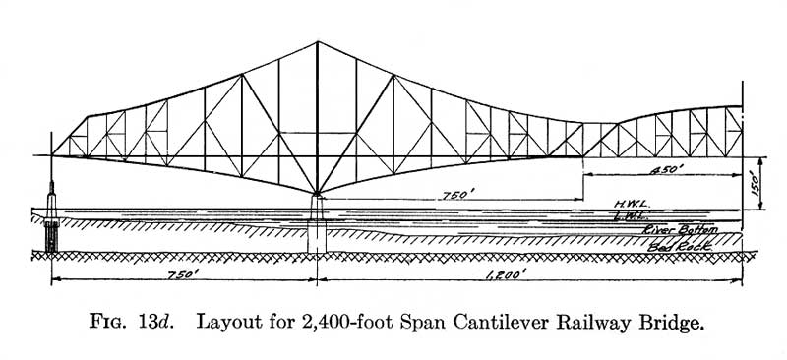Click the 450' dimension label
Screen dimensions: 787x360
click(667, 170)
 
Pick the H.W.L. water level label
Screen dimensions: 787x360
click(632, 204)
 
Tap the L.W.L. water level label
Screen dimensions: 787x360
click(632, 215)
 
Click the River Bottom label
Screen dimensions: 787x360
click(680, 230)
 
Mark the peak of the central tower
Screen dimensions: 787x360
click(317, 41)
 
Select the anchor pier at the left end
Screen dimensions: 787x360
click(51, 217)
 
